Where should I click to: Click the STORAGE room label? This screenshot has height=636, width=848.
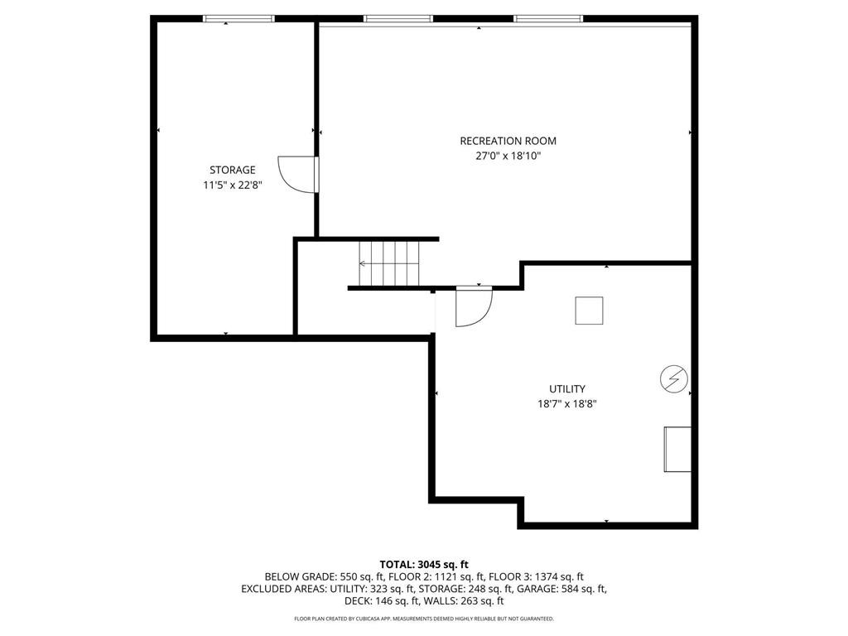tap(232, 170)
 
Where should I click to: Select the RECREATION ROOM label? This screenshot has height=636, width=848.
tap(508, 141)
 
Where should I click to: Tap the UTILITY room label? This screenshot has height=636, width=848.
tap(566, 388)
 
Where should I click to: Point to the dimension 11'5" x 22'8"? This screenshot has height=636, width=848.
tap(232, 185)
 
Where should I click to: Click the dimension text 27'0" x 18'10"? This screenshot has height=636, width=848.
tap(508, 156)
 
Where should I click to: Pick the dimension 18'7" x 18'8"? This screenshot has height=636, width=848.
tap(566, 404)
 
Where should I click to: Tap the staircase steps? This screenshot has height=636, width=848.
tap(389, 263)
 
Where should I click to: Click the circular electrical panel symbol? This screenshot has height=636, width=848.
tap(672, 378)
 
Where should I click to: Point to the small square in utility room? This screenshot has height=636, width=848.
tap(590, 311)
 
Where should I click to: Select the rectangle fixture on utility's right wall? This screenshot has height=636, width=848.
tap(677, 450)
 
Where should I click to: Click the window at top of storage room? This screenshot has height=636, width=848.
tap(238, 18)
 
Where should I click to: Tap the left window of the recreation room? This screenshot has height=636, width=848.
tap(397, 18)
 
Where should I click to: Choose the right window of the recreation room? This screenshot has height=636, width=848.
tap(547, 18)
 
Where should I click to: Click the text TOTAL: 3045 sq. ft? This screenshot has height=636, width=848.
tap(424, 564)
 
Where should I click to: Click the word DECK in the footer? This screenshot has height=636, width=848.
tap(359, 601)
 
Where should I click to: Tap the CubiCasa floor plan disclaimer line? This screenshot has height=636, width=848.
tap(424, 619)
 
